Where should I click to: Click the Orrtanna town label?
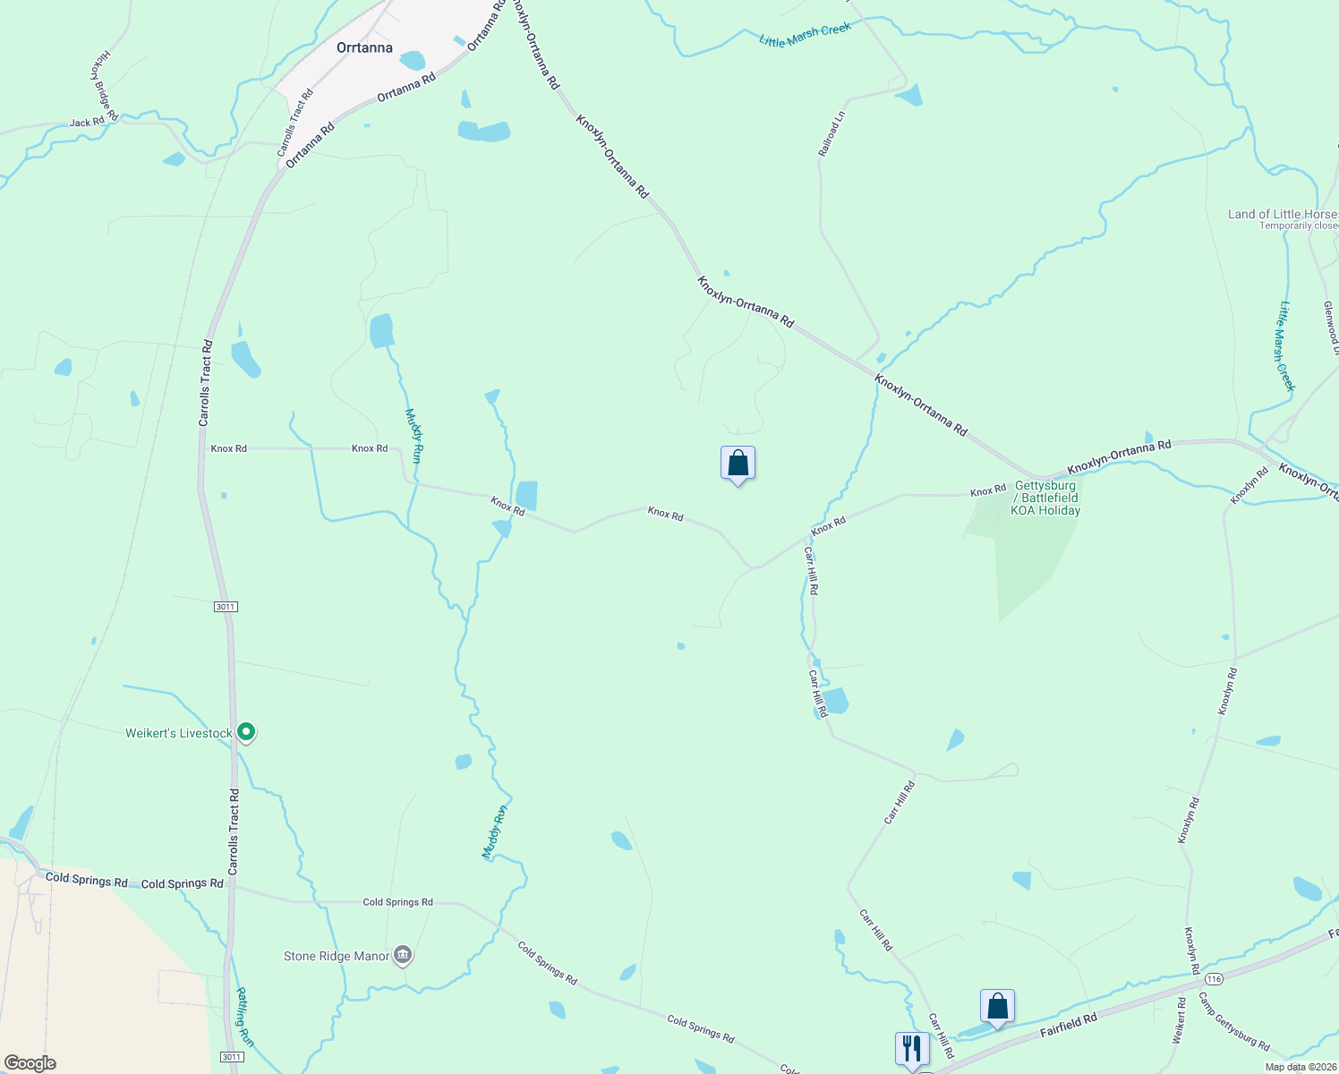[364, 47]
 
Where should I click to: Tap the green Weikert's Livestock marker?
[247, 732]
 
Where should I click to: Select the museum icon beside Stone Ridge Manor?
[403, 956]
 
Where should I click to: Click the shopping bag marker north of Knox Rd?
[738, 464]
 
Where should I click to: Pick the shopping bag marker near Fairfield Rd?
[997, 1007]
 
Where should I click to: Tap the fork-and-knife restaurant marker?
[912, 1049]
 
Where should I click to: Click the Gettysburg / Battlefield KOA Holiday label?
[1045, 499]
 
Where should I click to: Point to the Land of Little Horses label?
[1283, 214]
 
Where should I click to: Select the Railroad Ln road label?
[831, 134]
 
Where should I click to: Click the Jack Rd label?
[87, 123]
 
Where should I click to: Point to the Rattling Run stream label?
[245, 1017]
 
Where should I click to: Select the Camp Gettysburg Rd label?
[1233, 1021]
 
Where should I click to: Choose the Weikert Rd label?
[1179, 1020]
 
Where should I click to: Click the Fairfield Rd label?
[1068, 1026]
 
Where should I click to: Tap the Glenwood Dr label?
[1330, 327]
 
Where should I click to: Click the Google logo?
[30, 1063]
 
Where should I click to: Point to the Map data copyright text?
[1301, 1067]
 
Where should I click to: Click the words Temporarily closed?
[1298, 226]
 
